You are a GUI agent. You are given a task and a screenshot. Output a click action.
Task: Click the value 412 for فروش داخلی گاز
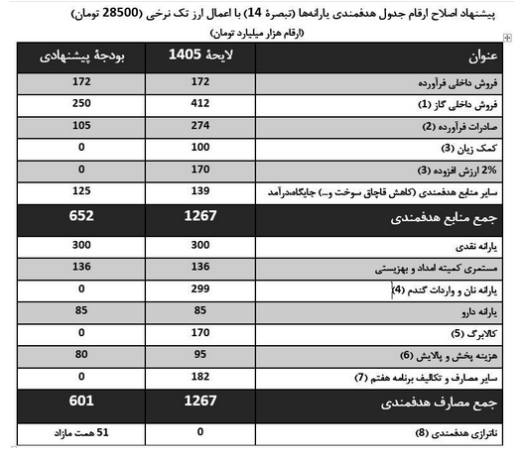click(x=200, y=103)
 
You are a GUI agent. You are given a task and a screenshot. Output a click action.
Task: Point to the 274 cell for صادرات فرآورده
click(x=200, y=126)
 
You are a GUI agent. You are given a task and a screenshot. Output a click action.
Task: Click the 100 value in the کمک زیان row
click(x=200, y=148)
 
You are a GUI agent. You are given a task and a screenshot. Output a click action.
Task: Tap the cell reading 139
click(x=200, y=190)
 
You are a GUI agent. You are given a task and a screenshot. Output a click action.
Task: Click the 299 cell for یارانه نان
click(x=200, y=289)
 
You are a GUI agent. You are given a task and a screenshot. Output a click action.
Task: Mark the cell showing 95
click(x=200, y=354)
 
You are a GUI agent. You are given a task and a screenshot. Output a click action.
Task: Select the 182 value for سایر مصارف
click(x=200, y=377)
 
